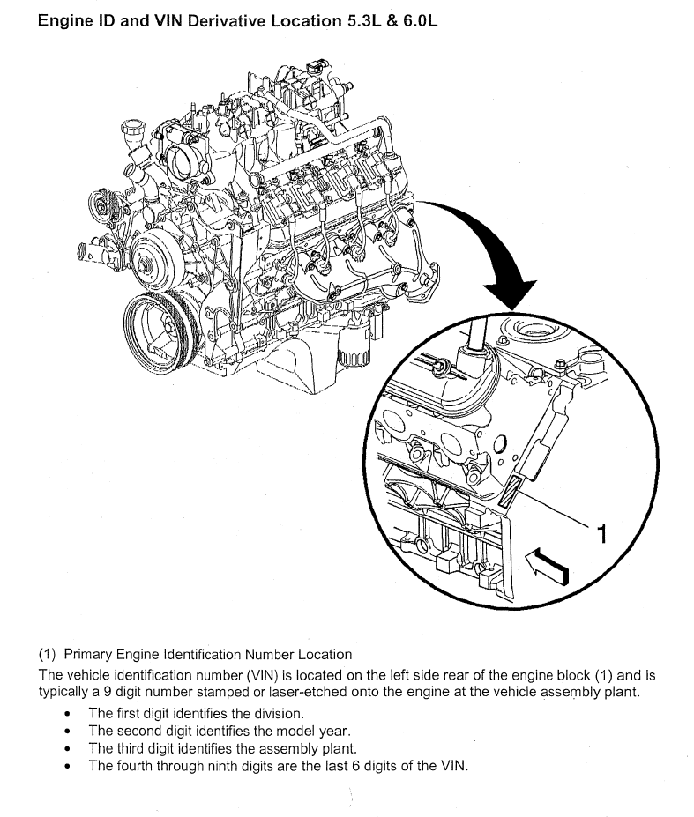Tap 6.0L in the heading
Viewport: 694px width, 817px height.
(x=420, y=21)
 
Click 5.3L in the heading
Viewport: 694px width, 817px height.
(x=361, y=21)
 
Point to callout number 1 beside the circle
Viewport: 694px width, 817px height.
(x=601, y=533)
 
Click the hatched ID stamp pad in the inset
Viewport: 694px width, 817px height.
(x=510, y=492)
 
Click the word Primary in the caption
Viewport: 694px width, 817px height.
(x=87, y=655)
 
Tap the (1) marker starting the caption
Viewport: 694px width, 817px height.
(x=47, y=655)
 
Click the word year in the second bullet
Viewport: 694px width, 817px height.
(x=335, y=732)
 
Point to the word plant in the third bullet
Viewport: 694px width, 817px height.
(x=341, y=749)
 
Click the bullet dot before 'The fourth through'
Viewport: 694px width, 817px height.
(x=67, y=767)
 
